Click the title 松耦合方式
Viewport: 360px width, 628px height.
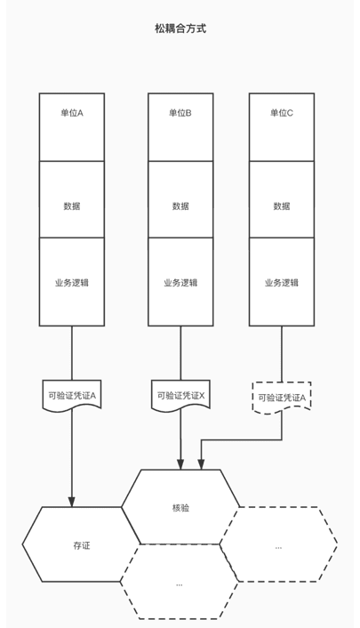[x=180, y=28]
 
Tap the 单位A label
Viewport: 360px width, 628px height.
[x=72, y=113]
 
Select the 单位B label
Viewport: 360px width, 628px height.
[x=180, y=113]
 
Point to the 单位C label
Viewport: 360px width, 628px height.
[x=282, y=113]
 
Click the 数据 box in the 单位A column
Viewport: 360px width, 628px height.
[x=72, y=199]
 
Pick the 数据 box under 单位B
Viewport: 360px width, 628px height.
[x=180, y=199]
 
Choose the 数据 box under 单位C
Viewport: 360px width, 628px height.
[x=282, y=199]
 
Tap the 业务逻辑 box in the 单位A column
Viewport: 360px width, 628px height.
[x=72, y=282]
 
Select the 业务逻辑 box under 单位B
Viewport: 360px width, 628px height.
[x=180, y=282]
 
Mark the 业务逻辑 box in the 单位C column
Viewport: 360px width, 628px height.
[x=282, y=282]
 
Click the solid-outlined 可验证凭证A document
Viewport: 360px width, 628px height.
[x=72, y=395]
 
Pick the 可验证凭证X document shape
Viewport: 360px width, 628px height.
[x=180, y=395]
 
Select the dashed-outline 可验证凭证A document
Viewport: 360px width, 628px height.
[x=282, y=398]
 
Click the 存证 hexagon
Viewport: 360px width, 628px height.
[x=81, y=544]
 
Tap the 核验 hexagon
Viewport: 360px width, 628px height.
[x=180, y=507]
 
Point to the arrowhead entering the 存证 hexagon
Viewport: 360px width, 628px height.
[x=72, y=503]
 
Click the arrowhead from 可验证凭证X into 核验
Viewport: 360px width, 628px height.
[x=180, y=464]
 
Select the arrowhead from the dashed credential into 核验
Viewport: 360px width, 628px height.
[x=201, y=464]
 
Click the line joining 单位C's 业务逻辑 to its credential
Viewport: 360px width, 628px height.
[x=282, y=354]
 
